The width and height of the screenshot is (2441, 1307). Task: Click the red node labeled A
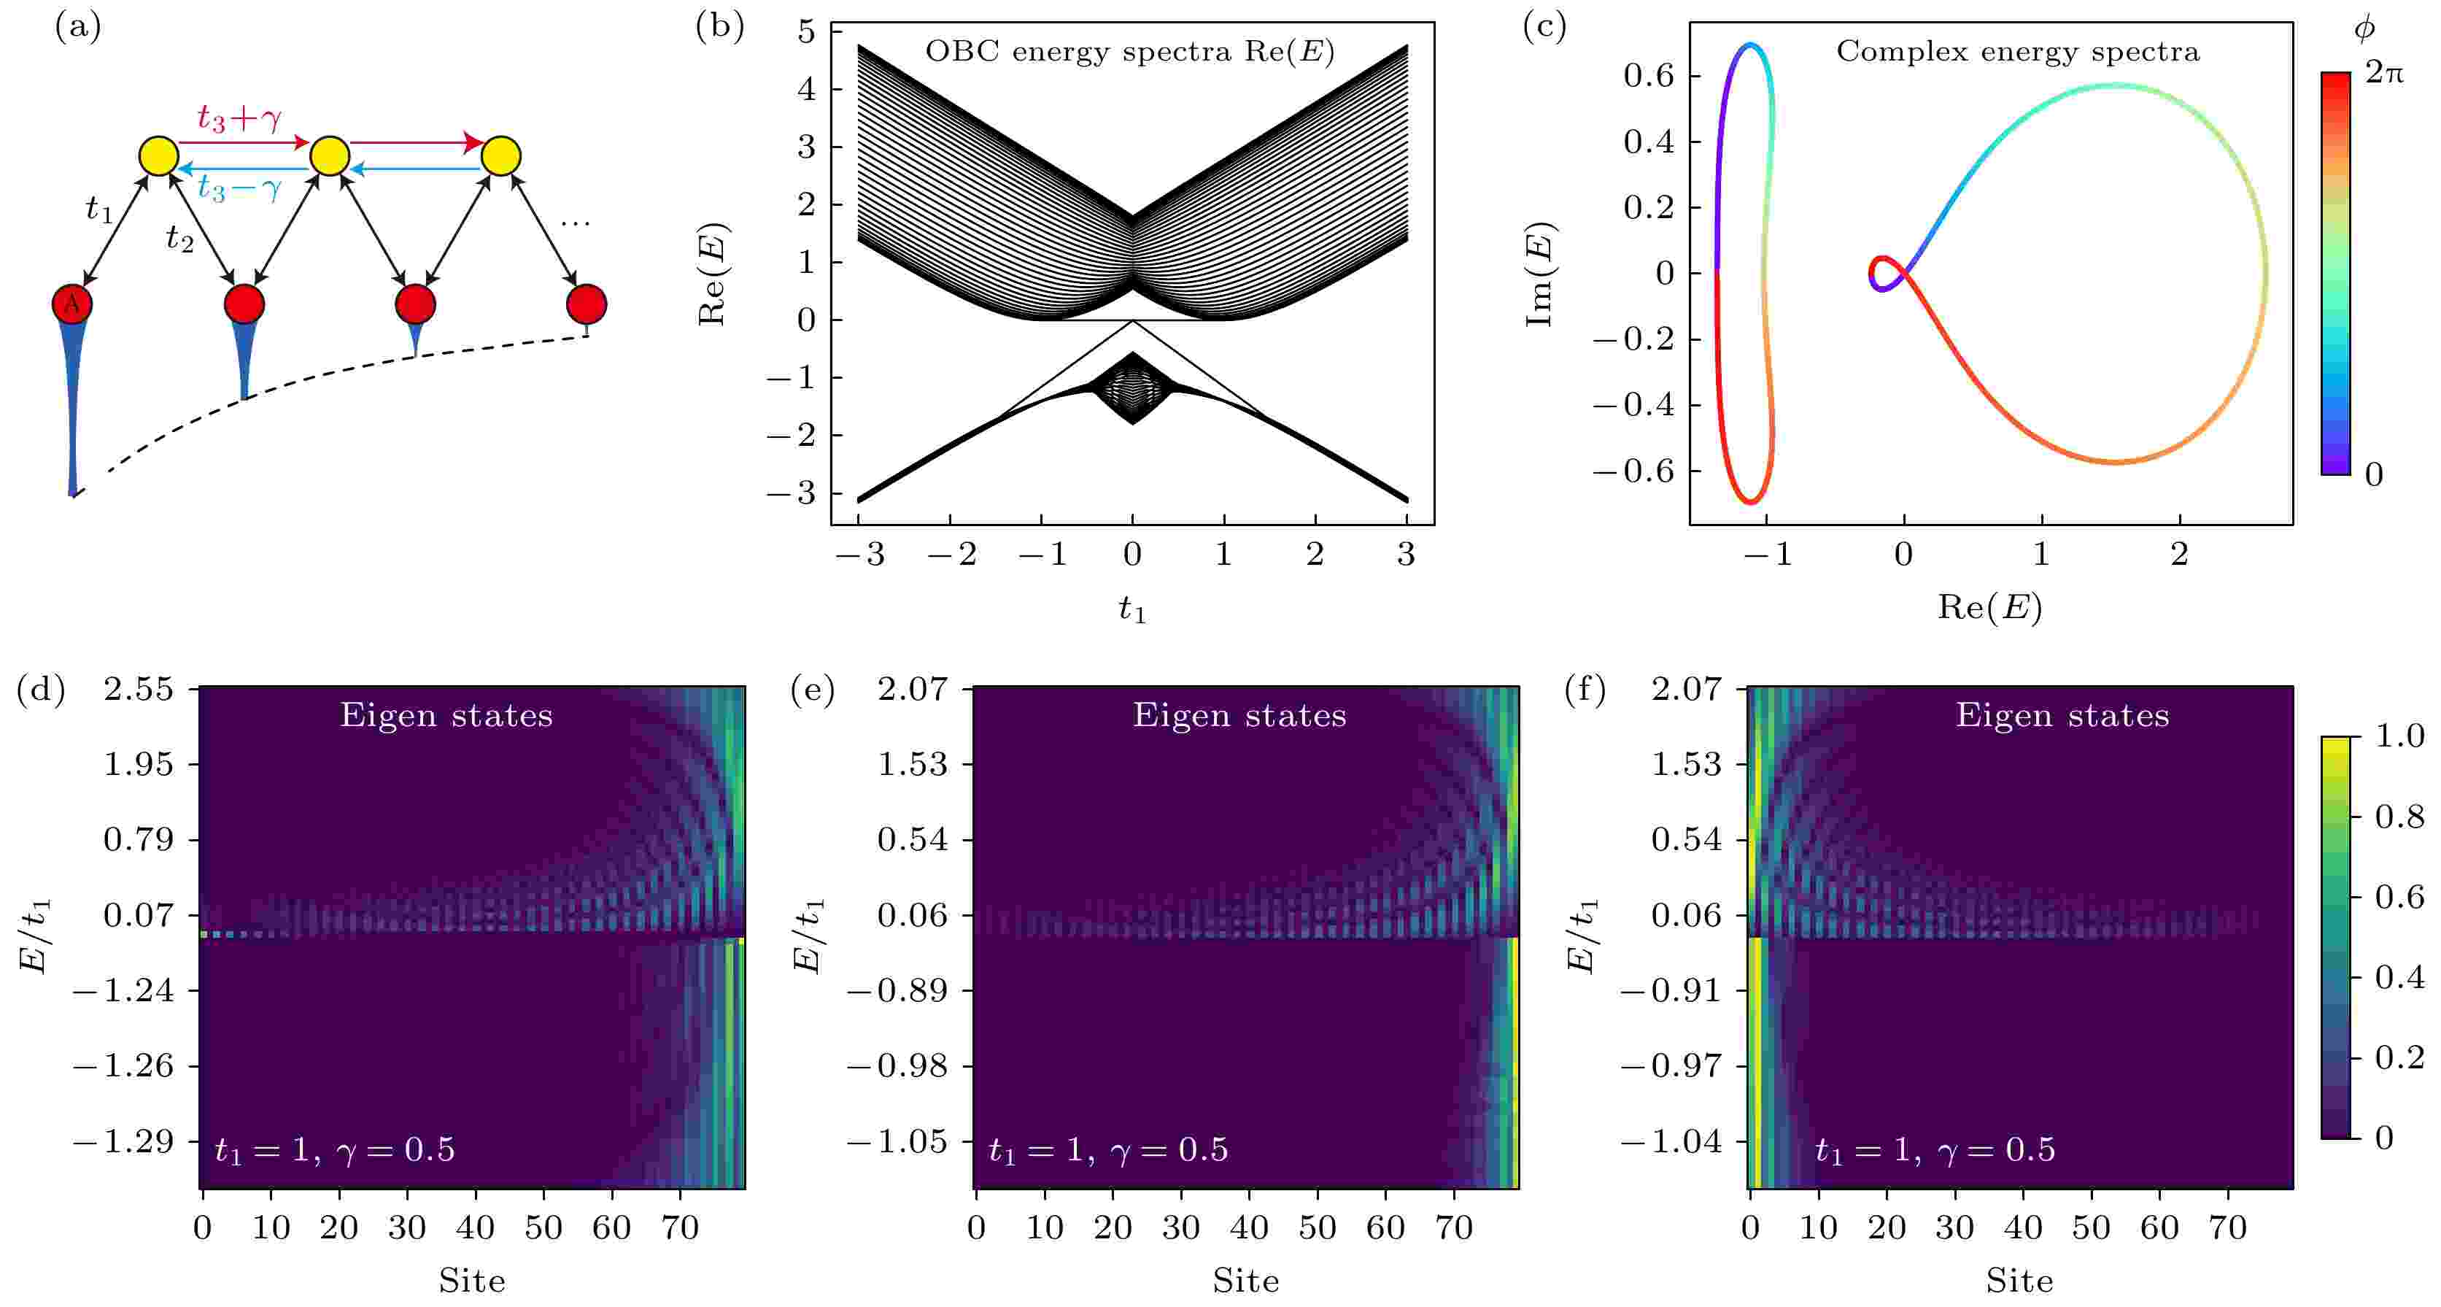pyautogui.click(x=72, y=304)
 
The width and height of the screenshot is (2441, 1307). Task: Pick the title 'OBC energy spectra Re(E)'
pyautogui.click(x=1129, y=51)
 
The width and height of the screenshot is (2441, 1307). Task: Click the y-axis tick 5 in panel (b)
pyautogui.click(x=806, y=32)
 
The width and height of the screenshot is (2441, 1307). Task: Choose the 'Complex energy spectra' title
pyautogui.click(x=2017, y=51)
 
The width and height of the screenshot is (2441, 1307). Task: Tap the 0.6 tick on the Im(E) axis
pyautogui.click(x=1648, y=76)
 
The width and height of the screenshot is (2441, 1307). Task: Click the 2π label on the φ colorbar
pyautogui.click(x=2384, y=73)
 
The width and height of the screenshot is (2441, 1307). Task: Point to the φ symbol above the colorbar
pyautogui.click(x=2364, y=29)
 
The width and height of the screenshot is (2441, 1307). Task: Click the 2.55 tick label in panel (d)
pyautogui.click(x=139, y=689)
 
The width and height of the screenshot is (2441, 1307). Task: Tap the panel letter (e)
pyautogui.click(x=812, y=691)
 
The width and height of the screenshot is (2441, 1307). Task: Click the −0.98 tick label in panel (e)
pyautogui.click(x=897, y=1066)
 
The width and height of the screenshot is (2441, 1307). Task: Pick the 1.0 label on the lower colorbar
pyautogui.click(x=2399, y=736)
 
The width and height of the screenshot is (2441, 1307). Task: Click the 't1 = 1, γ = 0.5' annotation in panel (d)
pyautogui.click(x=335, y=1149)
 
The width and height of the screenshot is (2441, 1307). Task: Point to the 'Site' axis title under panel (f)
pyautogui.click(x=2019, y=1281)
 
